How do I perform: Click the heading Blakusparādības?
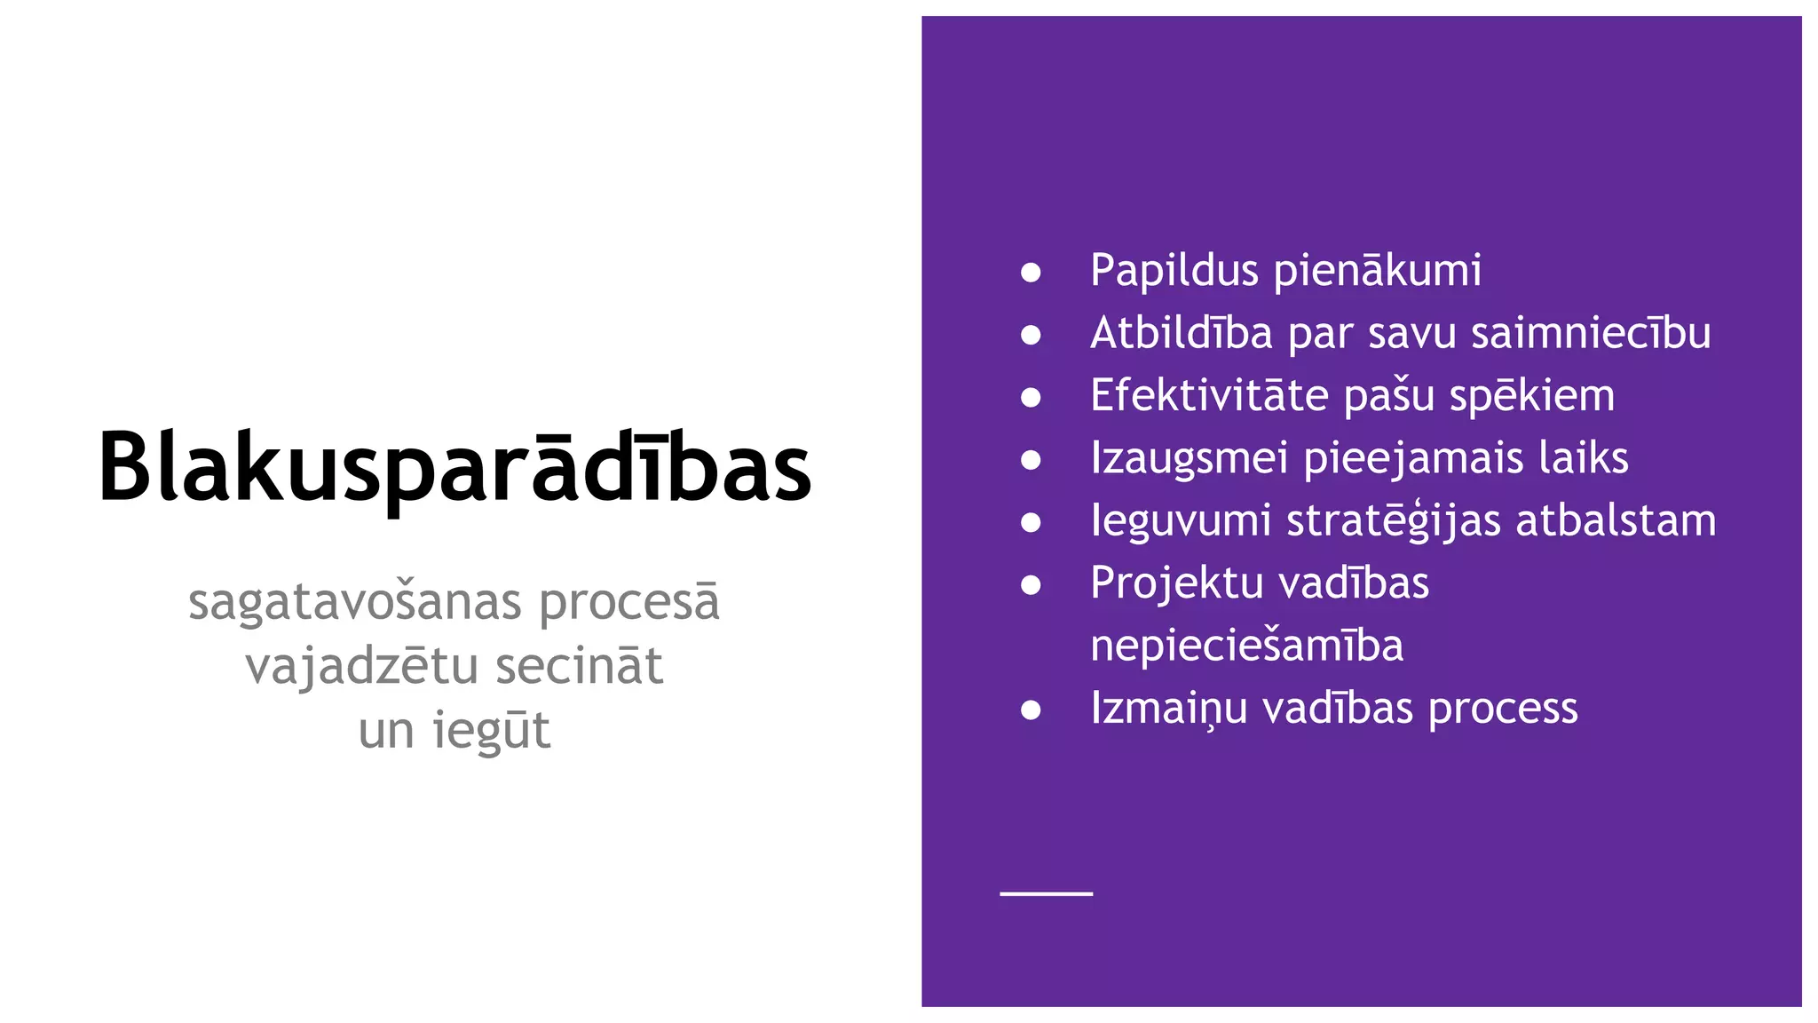pyautogui.click(x=454, y=467)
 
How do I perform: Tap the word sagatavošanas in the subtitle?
pyautogui.click(x=354, y=603)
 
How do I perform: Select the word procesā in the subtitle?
pyautogui.click(x=629, y=603)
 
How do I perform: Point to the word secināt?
pyautogui.click(x=579, y=667)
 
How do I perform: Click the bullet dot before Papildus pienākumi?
pyautogui.click(x=1031, y=272)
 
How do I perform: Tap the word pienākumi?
pyautogui.click(x=1378, y=271)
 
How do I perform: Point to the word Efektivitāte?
pyautogui.click(x=1209, y=395)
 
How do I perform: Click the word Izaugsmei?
pyautogui.click(x=1189, y=458)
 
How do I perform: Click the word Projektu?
pyautogui.click(x=1170, y=583)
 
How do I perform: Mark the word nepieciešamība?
pyautogui.click(x=1246, y=646)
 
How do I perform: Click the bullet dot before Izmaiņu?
pyautogui.click(x=1031, y=710)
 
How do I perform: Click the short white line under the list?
pyautogui.click(x=1046, y=893)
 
